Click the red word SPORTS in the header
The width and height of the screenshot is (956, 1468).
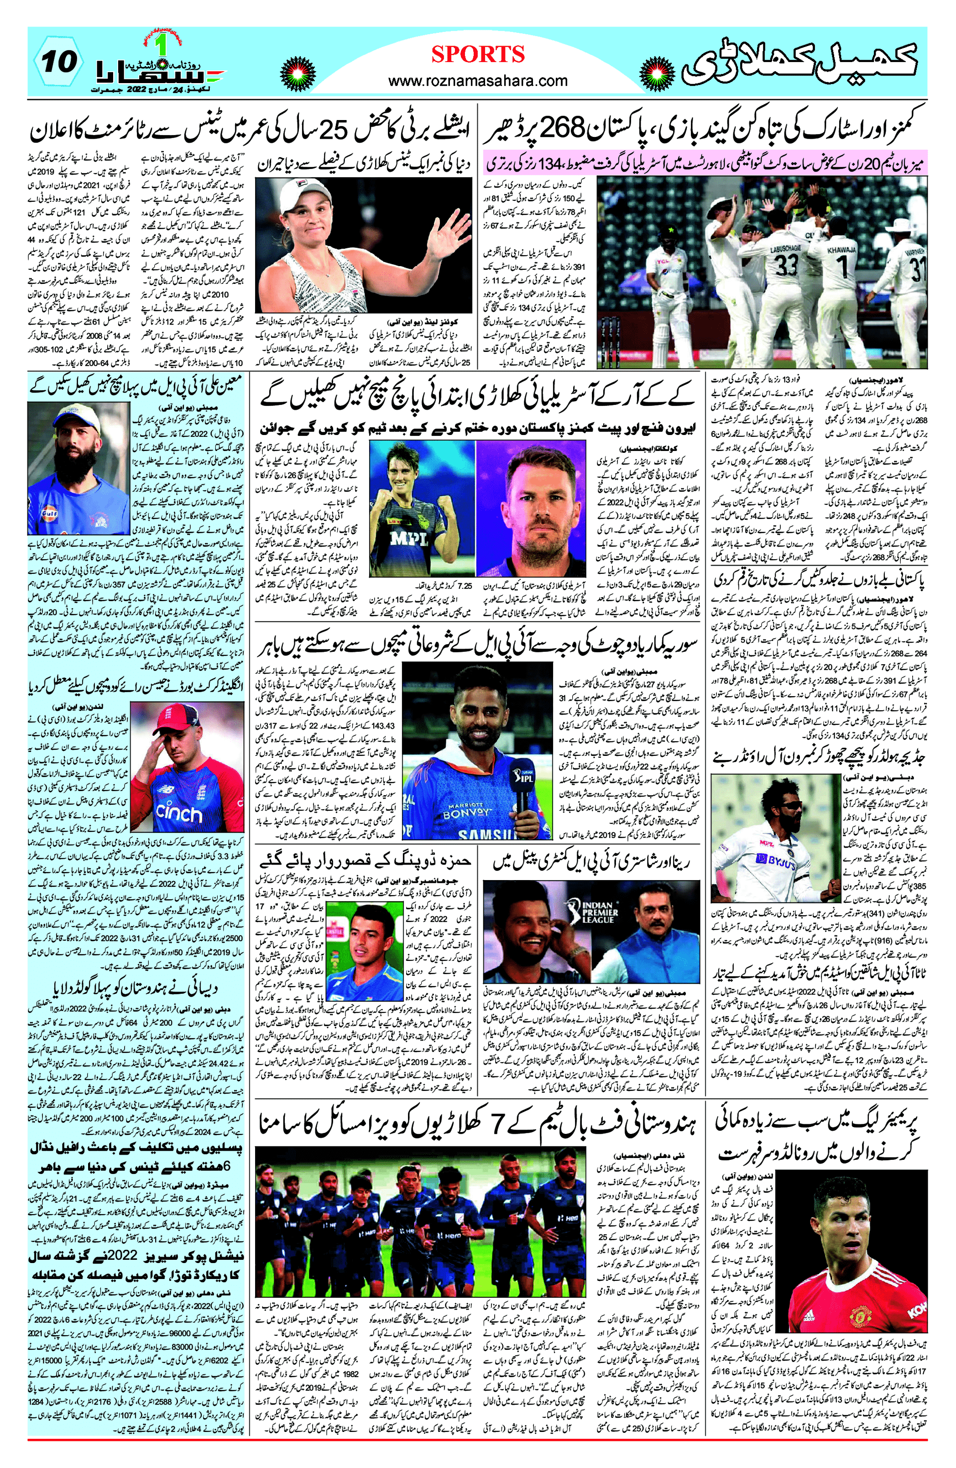tap(478, 54)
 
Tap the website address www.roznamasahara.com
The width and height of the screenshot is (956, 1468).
tap(478, 81)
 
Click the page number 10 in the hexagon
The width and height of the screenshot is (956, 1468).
tap(60, 62)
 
